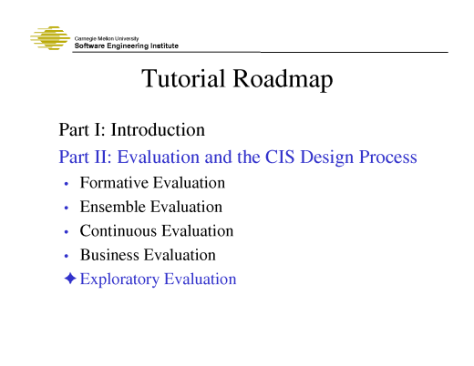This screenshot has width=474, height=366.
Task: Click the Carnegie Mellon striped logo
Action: coord(50,39)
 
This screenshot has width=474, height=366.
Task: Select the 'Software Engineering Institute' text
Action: coord(126,46)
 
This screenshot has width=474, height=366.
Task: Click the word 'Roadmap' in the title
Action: coord(283,81)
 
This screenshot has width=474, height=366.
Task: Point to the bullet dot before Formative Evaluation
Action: coord(67,184)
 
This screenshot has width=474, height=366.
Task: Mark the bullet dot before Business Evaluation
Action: coord(67,256)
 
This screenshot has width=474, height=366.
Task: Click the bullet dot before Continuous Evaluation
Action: coord(67,232)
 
